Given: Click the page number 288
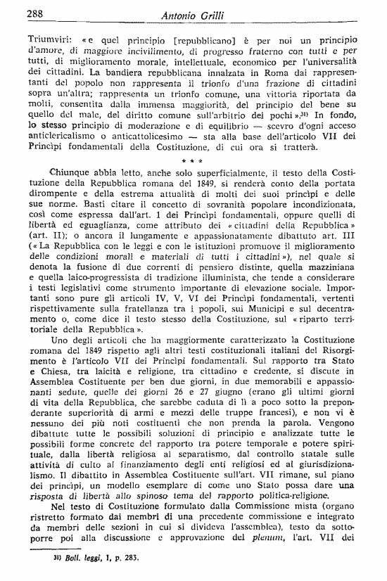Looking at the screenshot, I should [18, 12].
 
